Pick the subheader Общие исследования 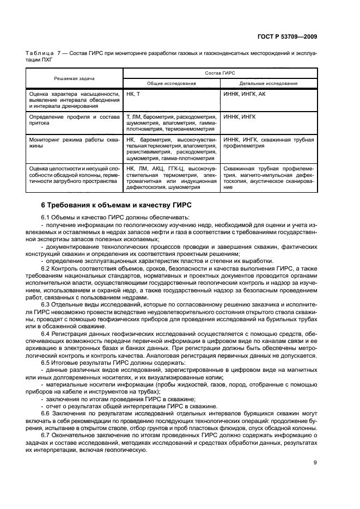172,84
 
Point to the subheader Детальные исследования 269,84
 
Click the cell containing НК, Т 133,94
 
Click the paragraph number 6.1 46,217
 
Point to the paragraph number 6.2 46,269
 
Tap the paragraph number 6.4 46,332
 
